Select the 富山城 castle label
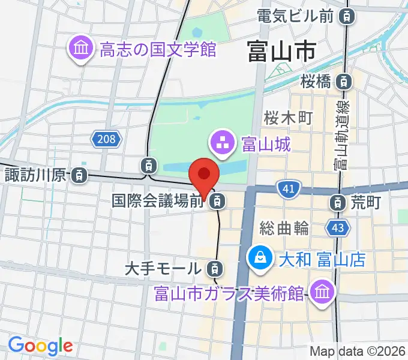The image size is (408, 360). tap(266, 144)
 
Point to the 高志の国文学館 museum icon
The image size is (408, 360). tap(80, 49)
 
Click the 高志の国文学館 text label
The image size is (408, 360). tap(158, 49)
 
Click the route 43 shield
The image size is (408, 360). tap(337, 227)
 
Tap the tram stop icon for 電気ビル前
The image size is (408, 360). tap(346, 16)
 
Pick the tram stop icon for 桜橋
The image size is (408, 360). tap(343, 80)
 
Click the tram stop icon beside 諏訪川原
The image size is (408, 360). tap(79, 176)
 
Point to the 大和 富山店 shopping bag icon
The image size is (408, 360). tap(260, 259)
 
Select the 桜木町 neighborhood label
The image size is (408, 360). tap(289, 118)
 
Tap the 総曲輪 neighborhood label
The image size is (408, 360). tap(284, 228)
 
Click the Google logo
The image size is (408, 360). tap(40, 346)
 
